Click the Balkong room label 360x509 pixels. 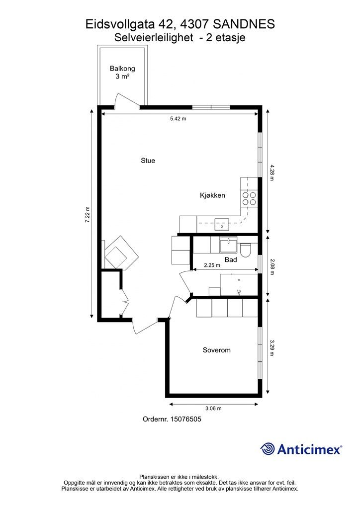(x=122, y=69)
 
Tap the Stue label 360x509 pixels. (x=148, y=161)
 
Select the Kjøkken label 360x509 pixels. (x=212, y=195)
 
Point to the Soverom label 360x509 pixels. (x=216, y=350)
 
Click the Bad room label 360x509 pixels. (x=231, y=259)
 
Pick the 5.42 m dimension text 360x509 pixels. (x=178, y=119)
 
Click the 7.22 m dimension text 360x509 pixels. (x=88, y=215)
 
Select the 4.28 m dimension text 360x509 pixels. (x=272, y=172)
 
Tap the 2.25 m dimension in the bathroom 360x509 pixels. (x=212, y=265)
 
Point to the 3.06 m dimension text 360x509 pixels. (x=213, y=409)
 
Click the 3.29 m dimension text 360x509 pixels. (x=272, y=347)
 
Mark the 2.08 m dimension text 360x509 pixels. (x=272, y=267)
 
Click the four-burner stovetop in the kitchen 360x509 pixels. (x=249, y=199)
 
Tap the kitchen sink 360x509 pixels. (x=222, y=224)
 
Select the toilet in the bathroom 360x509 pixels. (x=245, y=251)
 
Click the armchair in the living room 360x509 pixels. (x=121, y=253)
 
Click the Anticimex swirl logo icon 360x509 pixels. (x=268, y=449)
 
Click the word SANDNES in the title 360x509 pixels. (x=244, y=25)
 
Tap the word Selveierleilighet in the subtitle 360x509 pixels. (x=154, y=38)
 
